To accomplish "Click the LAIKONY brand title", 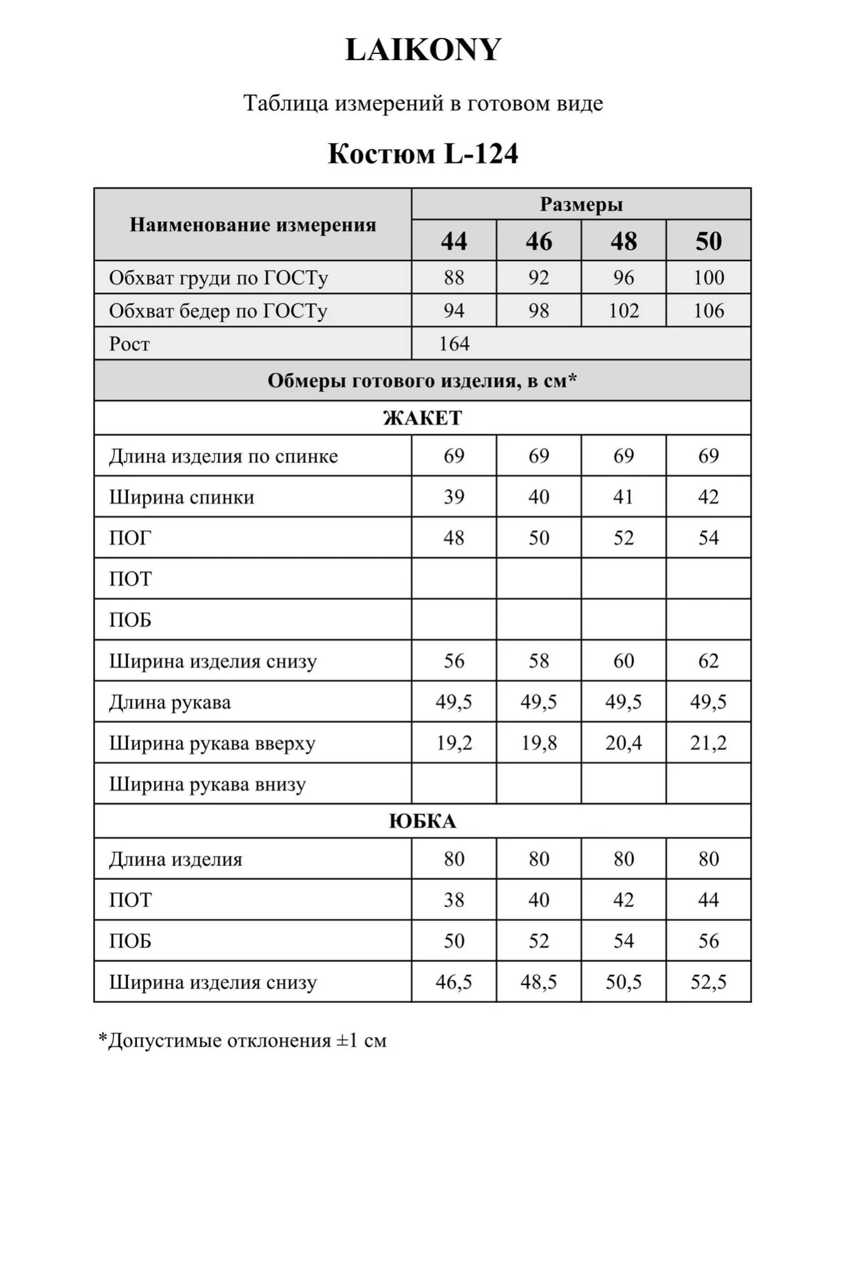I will pos(423,49).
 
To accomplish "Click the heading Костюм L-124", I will pos(423,153).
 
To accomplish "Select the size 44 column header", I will pos(454,241).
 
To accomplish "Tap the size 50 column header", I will pos(709,241).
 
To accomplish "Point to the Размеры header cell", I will pos(581,204).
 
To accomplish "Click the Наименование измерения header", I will pos(253,224).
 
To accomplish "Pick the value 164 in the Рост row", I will pos(454,343).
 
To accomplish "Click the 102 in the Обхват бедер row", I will pos(624,310).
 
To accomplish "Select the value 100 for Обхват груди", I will pos(709,277).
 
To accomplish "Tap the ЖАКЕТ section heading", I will pos(422,417).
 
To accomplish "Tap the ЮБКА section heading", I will pos(422,821).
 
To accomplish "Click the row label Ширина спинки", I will pos(182,497).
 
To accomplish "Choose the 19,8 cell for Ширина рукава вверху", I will pos(539,742).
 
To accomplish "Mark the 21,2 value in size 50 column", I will pos(709,742).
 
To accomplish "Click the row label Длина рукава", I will pos(170,702).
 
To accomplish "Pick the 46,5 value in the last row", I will pos(454,982).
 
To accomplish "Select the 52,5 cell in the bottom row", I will pos(709,982).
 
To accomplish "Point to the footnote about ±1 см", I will pos(242,1040).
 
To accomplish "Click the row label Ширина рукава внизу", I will pos(207,784).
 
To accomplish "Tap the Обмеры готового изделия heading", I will pos(422,380).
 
